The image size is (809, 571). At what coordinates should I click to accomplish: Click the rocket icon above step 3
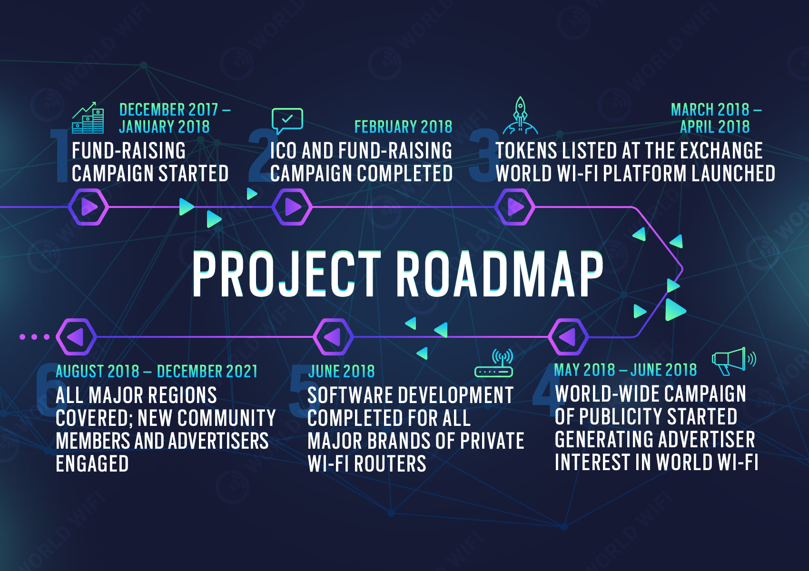pos(520,116)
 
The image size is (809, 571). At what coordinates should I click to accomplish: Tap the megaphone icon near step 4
pos(734,361)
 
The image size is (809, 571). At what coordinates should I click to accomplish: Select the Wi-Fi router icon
pos(493,364)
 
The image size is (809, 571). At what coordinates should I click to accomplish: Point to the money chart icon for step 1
pos(88,118)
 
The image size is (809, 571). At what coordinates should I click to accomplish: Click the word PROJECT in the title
pos(286,274)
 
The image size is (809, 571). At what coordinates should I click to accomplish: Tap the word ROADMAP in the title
pos(500,274)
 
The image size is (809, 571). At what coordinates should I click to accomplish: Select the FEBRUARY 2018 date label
pos(403,127)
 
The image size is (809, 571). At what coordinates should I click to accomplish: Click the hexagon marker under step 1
pos(88,207)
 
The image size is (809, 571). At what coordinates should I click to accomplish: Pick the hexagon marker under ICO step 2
pos(292,207)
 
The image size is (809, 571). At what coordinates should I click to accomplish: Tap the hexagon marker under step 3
pos(514,207)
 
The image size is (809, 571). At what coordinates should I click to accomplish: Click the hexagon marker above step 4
pos(569,337)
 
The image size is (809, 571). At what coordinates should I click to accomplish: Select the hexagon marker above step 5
pos(333,337)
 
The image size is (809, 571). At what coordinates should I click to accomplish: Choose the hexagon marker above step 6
pos(76,337)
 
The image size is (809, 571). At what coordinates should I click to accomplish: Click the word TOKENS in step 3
pos(526,151)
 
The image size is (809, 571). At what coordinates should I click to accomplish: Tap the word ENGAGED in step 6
pos(92,464)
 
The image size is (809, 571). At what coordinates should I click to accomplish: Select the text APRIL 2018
pos(715,127)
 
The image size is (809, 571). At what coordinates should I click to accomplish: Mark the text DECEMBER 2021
pos(207,371)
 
